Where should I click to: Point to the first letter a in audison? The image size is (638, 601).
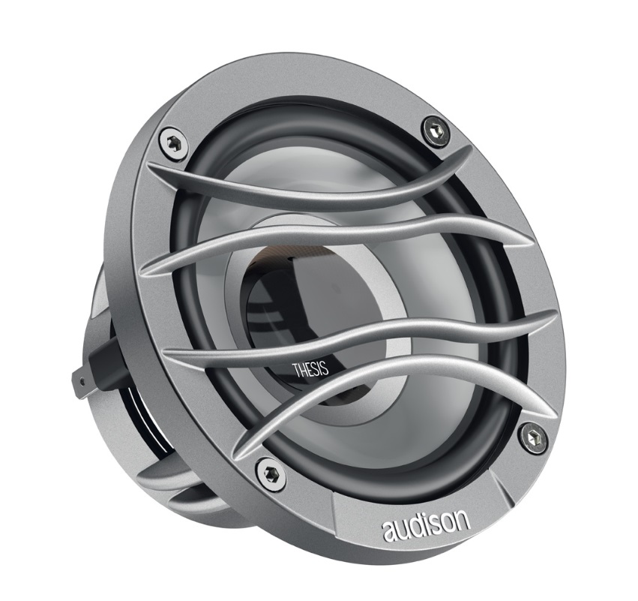coord(391,530)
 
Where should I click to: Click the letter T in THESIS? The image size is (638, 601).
coord(295,368)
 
